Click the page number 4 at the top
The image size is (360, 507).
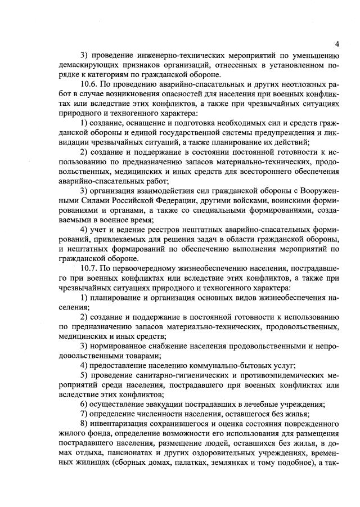(336, 43)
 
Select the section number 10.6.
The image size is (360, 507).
(89, 87)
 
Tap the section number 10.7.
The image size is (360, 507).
(89, 268)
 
